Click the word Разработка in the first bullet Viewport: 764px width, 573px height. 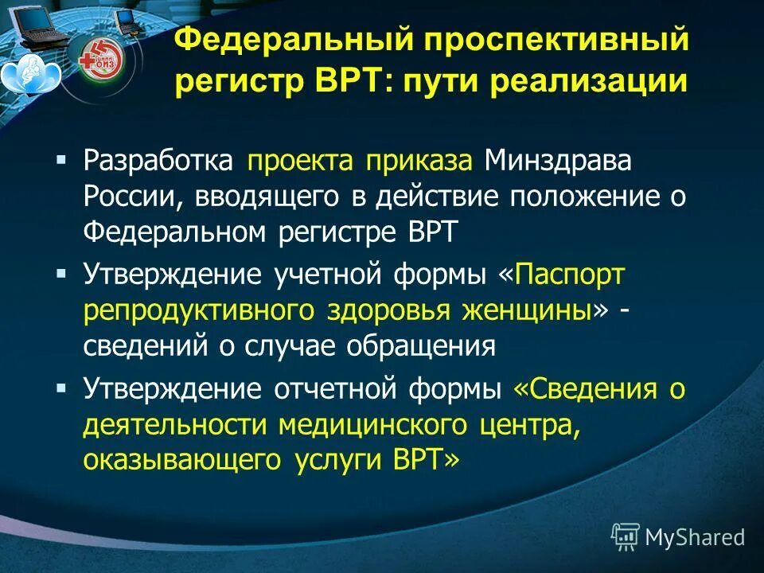tap(158, 162)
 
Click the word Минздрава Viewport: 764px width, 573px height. tap(568, 162)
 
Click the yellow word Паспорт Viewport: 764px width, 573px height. tap(571, 275)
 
